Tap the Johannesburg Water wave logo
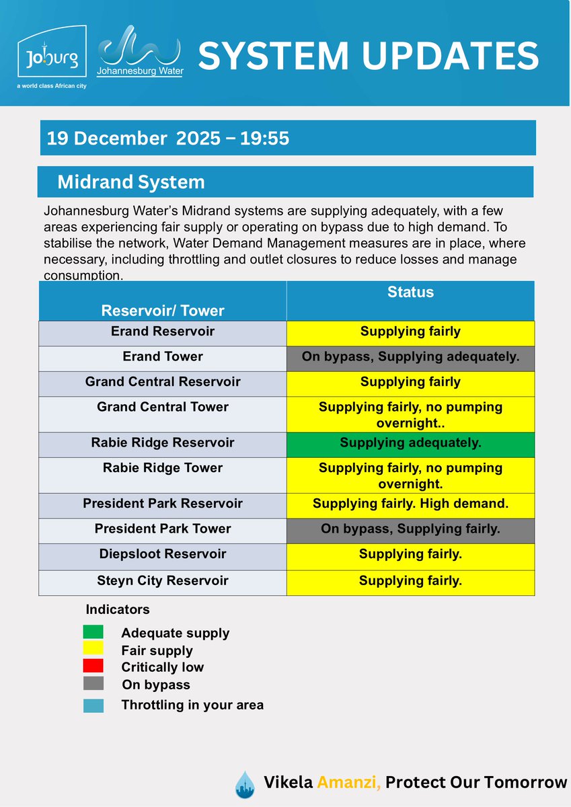point(141,52)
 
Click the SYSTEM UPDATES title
point(369,56)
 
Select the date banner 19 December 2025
point(168,139)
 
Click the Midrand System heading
point(131,182)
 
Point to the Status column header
point(410,293)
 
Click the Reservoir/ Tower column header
point(163,310)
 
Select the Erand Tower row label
point(163,356)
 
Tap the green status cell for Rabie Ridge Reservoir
point(410,443)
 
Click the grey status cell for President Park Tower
point(410,529)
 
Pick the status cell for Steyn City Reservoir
point(410,580)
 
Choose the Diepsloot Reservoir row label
point(163,554)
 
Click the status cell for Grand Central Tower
point(410,414)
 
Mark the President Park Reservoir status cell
point(410,503)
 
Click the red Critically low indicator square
point(93,666)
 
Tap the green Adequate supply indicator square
point(93,631)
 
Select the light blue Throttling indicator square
point(93,705)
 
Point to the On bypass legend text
point(156,685)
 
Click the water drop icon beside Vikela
point(245,784)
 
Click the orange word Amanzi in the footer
point(350,782)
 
